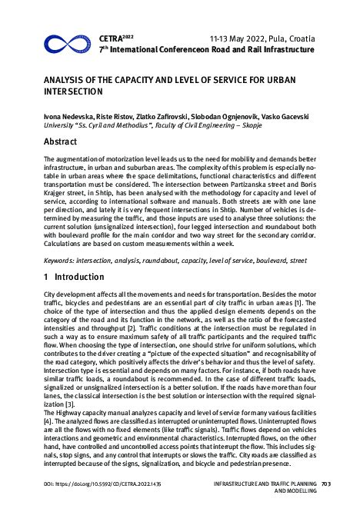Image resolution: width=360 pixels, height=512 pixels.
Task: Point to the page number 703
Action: tap(325, 484)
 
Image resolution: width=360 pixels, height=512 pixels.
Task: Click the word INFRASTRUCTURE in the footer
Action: tap(234, 484)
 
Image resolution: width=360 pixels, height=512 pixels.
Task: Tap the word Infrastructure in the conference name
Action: tap(286, 48)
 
